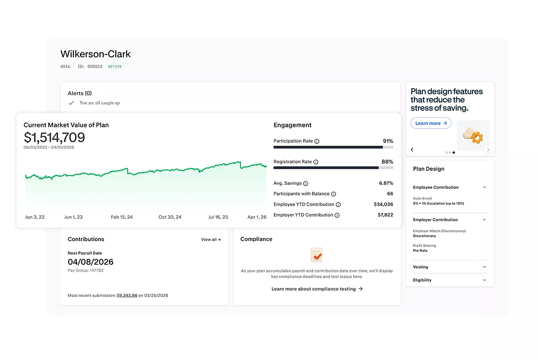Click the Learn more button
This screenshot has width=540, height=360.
pos(431,123)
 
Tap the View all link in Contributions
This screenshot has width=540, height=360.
pos(211,239)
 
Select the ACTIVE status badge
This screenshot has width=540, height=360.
pos(115,67)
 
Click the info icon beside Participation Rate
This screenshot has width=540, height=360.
pos(317,141)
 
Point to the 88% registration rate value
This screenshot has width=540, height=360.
pos(387,162)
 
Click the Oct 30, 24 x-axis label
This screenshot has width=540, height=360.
pos(170,217)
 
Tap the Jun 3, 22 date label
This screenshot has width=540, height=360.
pos(35,217)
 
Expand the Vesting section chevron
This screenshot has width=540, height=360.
pos(484,267)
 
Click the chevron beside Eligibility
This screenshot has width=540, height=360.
pos(484,280)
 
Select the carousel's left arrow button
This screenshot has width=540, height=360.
pos(412,150)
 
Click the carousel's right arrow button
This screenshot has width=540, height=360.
pos(488,150)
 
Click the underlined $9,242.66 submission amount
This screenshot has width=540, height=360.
pos(127,295)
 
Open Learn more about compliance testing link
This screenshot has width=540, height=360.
pos(317,289)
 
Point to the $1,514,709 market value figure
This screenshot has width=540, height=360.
pos(54,137)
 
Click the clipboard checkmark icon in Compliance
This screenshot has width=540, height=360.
pos(317,255)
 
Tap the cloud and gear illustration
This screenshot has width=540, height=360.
pos(473,136)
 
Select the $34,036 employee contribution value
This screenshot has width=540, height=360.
pos(383,204)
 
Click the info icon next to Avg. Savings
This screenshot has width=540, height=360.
pos(306,184)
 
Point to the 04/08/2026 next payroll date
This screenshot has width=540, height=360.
pos(90,262)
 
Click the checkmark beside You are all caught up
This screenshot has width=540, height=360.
pos(71,103)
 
